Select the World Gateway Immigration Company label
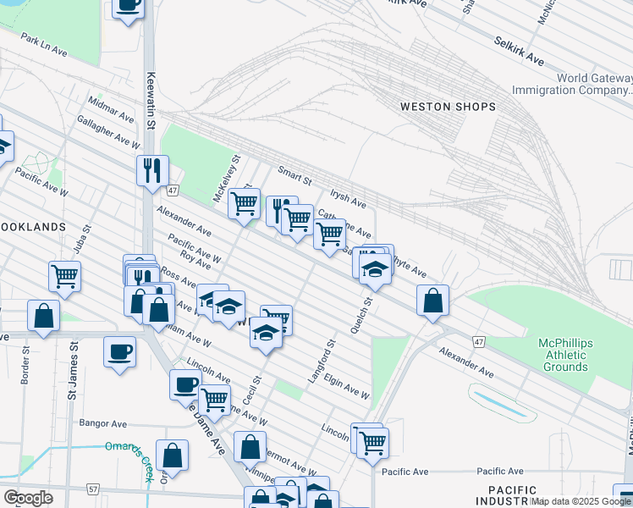coord(571,84)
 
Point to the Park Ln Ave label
coord(45,45)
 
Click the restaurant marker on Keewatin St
coord(152,170)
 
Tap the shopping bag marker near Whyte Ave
coord(432,301)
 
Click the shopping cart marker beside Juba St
coord(64,276)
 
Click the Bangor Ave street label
coord(102,423)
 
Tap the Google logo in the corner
coord(28,497)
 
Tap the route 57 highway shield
coord(92,489)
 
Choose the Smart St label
coord(296,180)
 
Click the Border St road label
coord(25,365)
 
